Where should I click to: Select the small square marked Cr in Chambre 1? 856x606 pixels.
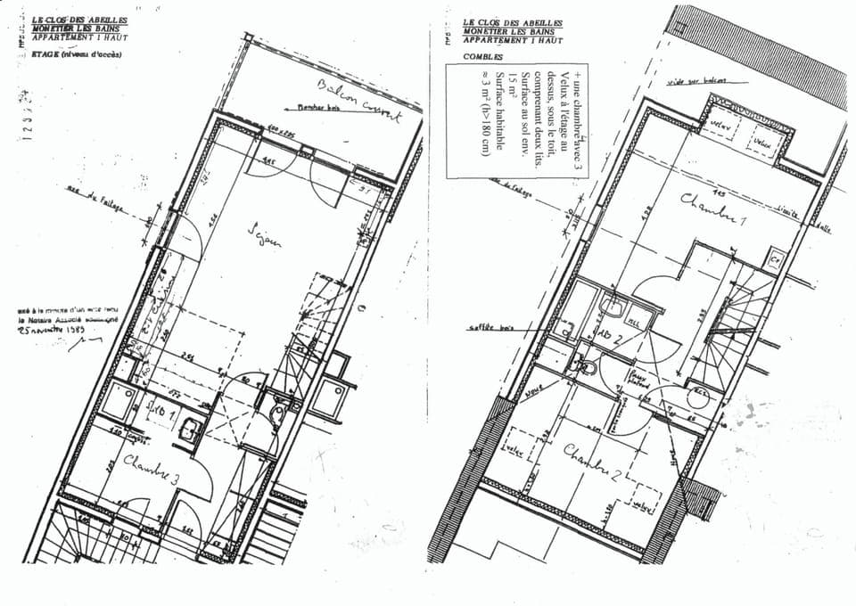coord(774,260)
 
